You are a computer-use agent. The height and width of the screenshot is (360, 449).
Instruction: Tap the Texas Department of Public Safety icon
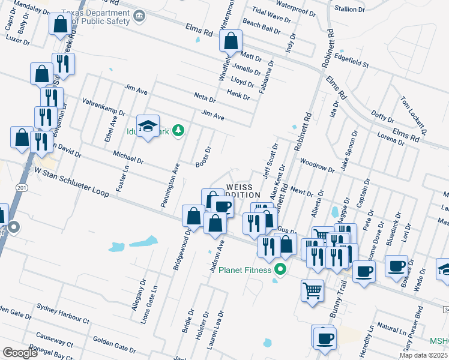(x=139, y=15)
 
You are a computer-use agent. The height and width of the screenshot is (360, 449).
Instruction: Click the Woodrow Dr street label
(x=316, y=165)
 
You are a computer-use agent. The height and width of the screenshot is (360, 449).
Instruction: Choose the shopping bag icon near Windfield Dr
(x=231, y=41)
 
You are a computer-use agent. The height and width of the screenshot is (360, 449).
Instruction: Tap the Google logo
(x=20, y=353)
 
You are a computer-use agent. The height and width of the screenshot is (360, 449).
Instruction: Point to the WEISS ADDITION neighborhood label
(x=243, y=191)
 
